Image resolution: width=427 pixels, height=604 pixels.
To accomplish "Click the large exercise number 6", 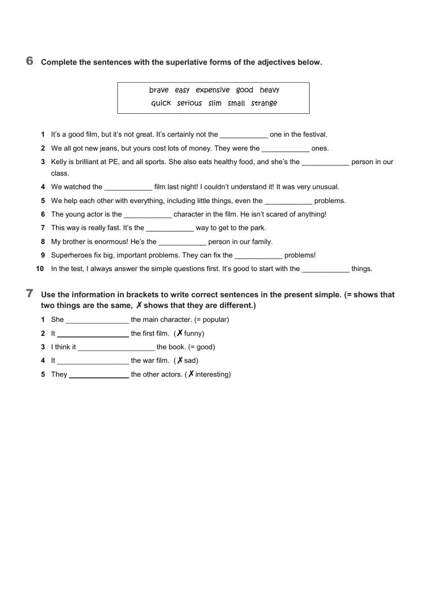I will (29, 61).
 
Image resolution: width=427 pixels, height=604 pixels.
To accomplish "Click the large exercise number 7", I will (29, 294).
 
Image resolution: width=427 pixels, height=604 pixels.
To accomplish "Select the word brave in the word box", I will (159, 90).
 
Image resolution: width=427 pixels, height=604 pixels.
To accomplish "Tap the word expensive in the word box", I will (213, 90).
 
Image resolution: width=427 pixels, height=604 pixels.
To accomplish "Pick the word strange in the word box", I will (264, 103).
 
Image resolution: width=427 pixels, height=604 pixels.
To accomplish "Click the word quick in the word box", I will (161, 103).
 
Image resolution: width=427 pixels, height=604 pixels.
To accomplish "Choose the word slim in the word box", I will (215, 103).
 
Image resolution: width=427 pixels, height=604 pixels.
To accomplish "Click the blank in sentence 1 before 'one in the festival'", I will (243, 135).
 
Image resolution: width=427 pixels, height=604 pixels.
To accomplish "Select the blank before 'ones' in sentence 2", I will (285, 149).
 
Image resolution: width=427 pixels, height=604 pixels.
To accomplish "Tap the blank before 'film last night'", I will (128, 187).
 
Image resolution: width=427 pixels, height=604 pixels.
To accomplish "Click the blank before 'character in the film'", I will (147, 215).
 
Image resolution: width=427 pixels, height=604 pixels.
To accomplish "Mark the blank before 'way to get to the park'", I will (170, 228).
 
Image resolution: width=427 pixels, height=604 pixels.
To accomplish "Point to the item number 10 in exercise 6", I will (40, 269).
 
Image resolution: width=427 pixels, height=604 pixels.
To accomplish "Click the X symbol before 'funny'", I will (180, 333).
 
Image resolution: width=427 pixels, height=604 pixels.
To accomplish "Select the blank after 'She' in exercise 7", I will (97, 320).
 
